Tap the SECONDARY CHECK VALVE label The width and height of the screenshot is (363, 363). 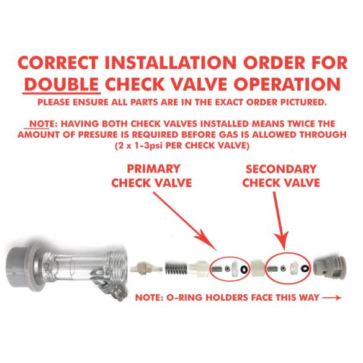pos(281,176)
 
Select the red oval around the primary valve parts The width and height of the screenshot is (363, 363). pos(227,267)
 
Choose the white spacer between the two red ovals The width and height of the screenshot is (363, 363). pos(258,268)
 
